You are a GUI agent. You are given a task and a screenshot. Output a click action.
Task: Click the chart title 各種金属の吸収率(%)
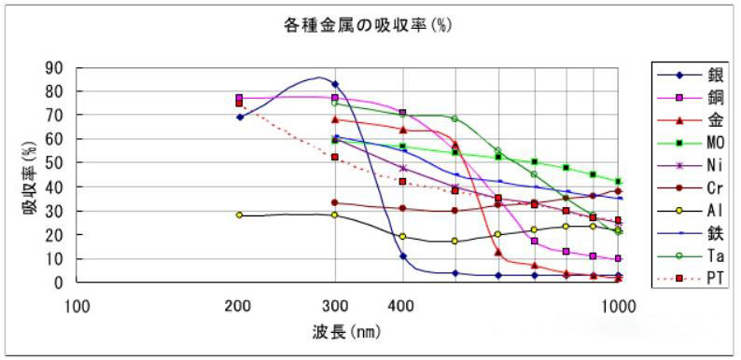368,24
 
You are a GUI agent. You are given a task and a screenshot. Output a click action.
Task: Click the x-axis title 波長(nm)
346,331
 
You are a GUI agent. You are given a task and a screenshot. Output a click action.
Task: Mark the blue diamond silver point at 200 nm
240,117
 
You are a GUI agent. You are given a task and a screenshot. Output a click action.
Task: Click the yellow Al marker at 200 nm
239,215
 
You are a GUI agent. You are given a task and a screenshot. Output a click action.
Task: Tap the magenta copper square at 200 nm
239,97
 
